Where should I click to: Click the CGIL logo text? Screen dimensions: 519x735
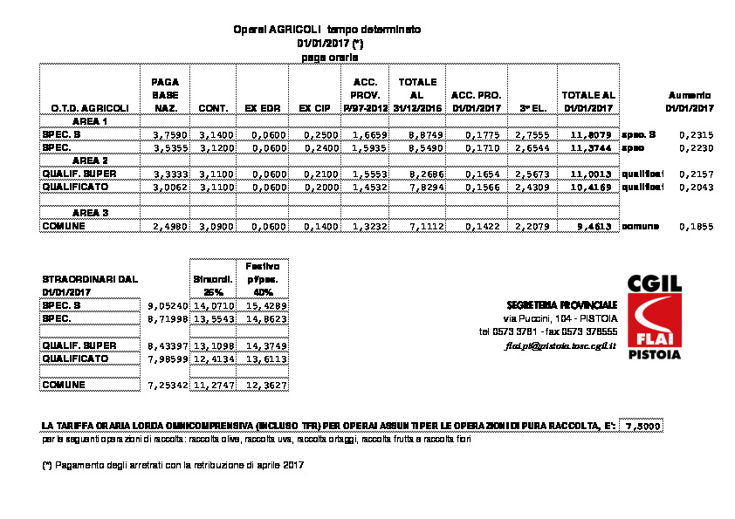[x=655, y=284]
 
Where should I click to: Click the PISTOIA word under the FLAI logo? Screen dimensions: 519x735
[x=655, y=355]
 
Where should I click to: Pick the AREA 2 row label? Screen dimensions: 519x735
[x=90, y=161]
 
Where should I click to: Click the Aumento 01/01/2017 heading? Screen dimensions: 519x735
[x=689, y=101]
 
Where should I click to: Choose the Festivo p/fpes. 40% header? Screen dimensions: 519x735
[x=263, y=278]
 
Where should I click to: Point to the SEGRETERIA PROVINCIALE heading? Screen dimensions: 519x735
[x=562, y=305]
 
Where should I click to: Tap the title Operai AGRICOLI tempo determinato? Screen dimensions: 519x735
[x=326, y=29]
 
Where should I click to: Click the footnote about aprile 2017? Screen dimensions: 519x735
[x=172, y=464]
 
